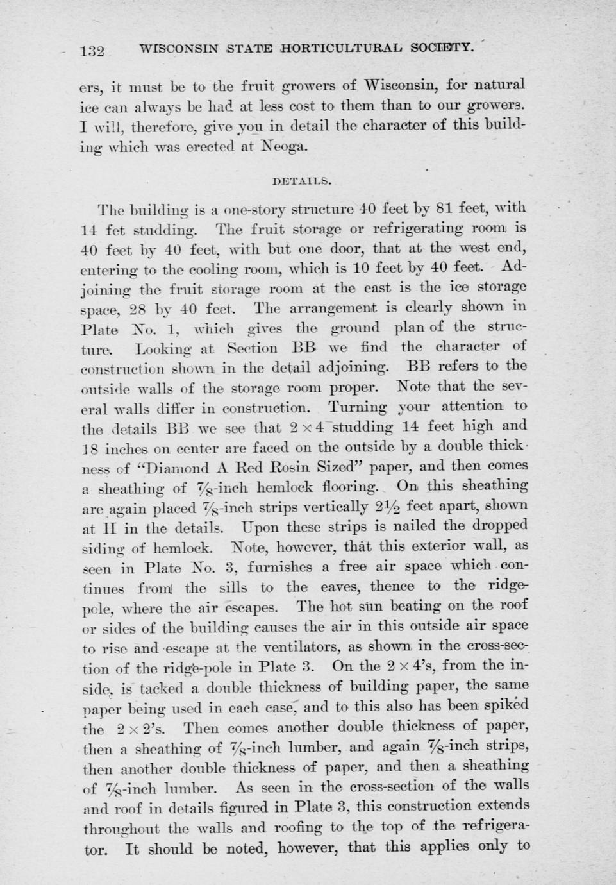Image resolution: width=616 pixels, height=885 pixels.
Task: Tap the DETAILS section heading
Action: (302, 180)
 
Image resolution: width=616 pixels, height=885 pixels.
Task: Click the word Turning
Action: (357, 407)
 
